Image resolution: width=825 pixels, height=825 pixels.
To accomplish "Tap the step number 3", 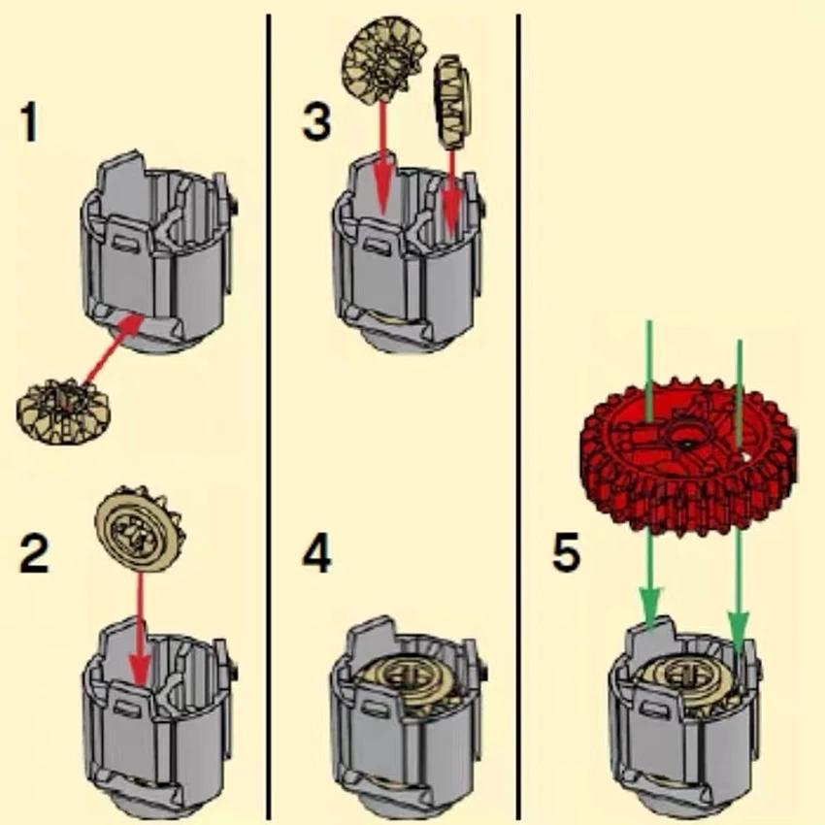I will pyautogui.click(x=315, y=122).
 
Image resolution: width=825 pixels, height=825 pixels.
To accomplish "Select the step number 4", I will pyautogui.click(x=316, y=554).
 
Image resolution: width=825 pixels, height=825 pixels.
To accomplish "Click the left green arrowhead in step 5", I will pyautogui.click(x=650, y=608).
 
